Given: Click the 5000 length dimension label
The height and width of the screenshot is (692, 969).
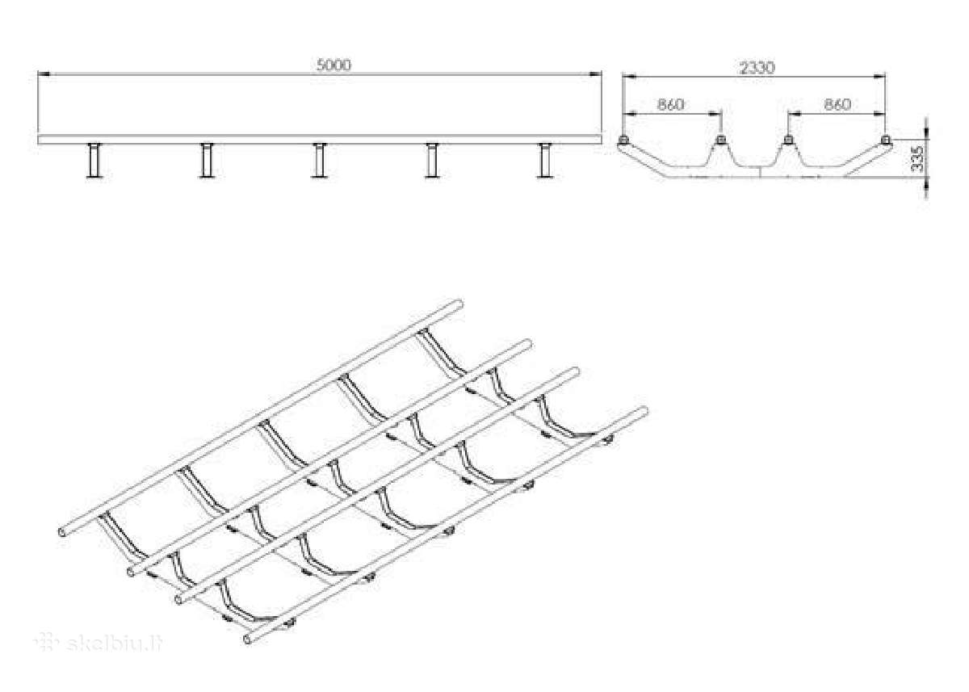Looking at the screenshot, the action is [333, 65].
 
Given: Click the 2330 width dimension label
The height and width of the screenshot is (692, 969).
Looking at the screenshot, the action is [757, 68].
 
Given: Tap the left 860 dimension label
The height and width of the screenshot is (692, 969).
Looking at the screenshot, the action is [670, 105].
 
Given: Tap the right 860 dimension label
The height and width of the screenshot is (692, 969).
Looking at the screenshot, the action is [837, 105].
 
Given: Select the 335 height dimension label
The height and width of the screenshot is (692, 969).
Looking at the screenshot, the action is [917, 159].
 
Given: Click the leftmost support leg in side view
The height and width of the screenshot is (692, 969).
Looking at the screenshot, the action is [94, 160].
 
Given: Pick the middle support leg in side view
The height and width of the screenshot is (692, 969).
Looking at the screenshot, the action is [320, 160].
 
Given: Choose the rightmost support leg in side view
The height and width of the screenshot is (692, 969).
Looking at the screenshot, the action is [546, 160].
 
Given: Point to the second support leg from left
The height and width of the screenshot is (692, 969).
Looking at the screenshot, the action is [207, 160].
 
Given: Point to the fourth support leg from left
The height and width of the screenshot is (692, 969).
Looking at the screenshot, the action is [432, 160].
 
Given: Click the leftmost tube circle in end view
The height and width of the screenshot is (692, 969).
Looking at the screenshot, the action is [623, 140].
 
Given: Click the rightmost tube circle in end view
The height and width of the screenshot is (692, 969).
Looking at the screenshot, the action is [885, 140].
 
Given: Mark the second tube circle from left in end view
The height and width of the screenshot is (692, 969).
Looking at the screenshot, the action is [720, 140].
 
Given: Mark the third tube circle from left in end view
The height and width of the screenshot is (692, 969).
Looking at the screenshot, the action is [788, 140].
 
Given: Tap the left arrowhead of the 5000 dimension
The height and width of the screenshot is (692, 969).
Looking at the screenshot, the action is [44, 74].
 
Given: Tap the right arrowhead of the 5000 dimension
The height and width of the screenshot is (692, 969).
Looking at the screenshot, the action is [596, 74].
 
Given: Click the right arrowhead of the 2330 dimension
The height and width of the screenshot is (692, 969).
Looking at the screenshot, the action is [879, 77].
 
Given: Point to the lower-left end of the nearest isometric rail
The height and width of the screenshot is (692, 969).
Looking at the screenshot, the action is [247, 640].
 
